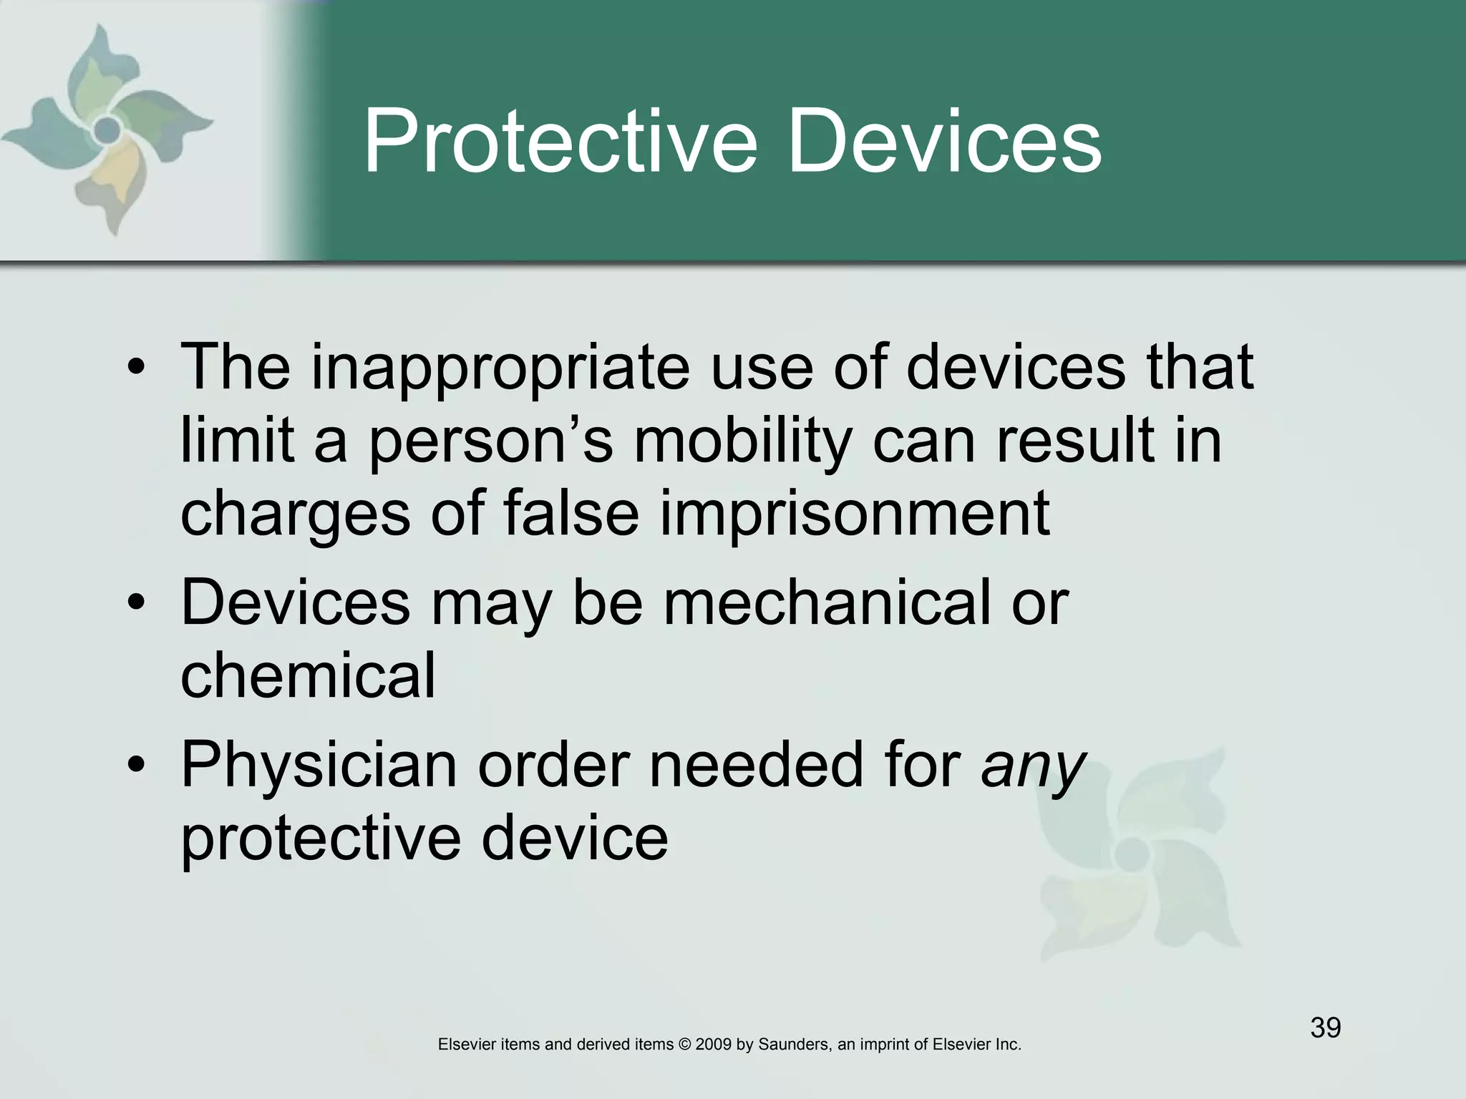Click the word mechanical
[x=828, y=603]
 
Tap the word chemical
[x=308, y=676]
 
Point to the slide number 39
[x=1325, y=1028]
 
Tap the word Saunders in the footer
[x=793, y=1045]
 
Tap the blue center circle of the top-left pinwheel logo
[x=107, y=130]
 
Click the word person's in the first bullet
[x=491, y=442]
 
